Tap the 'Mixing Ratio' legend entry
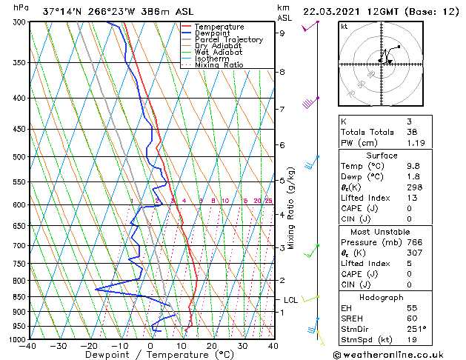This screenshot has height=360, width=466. coord(219,65)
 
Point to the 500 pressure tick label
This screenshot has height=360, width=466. coord(19,157)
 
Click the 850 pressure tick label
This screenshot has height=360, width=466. coord(19,297)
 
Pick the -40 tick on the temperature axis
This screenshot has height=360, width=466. coord(29,346)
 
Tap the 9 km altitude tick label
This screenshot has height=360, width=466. coord(282,33)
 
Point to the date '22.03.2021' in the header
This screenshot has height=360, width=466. coord(334,12)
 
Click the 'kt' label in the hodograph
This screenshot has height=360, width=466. coord(344,26)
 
